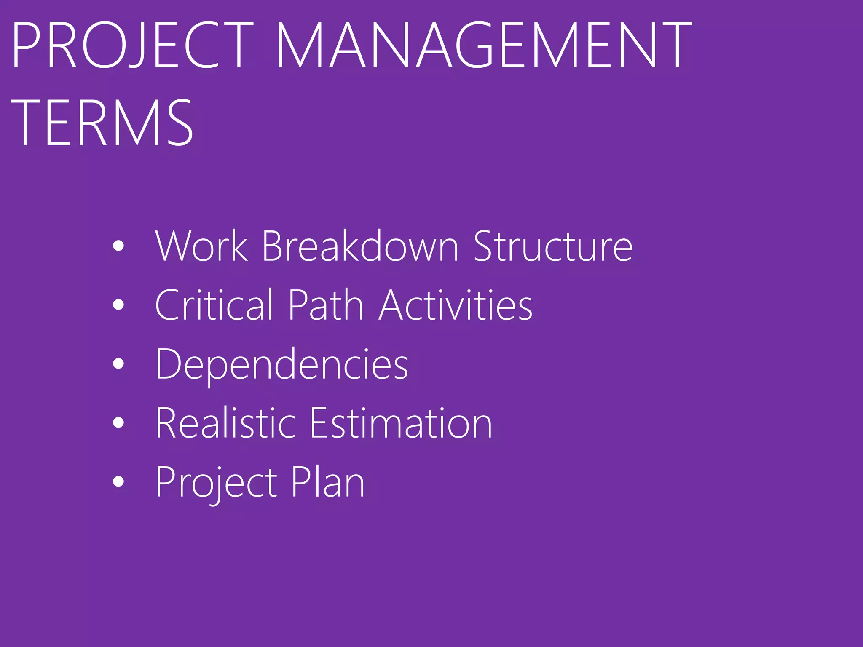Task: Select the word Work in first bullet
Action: (x=201, y=246)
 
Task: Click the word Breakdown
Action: (x=360, y=246)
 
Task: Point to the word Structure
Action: (x=553, y=246)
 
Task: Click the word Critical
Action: (x=214, y=305)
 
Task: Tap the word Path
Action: (x=326, y=305)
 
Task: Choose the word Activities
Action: (x=456, y=305)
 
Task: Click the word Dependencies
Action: (x=281, y=364)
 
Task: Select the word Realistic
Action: (x=225, y=423)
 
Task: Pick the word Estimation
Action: (x=401, y=423)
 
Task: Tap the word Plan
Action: (x=328, y=482)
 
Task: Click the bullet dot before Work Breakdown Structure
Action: (x=119, y=246)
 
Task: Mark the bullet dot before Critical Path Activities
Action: (x=119, y=305)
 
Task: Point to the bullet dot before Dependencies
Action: (x=119, y=364)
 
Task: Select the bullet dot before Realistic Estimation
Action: (x=119, y=422)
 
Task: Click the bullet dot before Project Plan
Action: (x=119, y=481)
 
